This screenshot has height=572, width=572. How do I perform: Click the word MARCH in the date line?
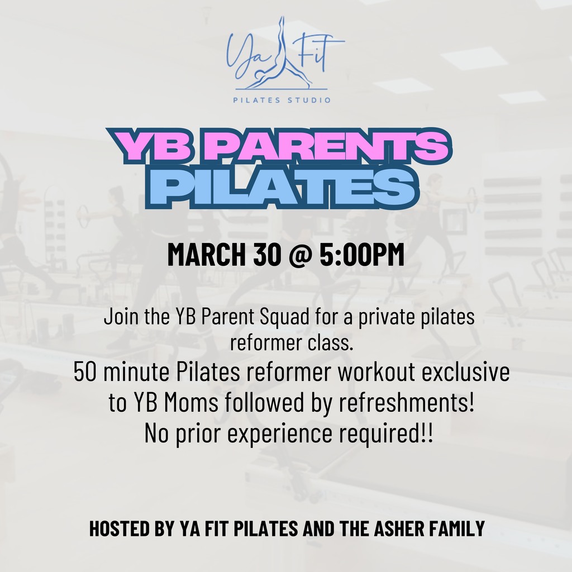(x=207, y=254)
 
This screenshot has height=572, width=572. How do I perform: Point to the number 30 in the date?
(x=266, y=254)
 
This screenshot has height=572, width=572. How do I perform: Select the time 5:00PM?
(x=362, y=254)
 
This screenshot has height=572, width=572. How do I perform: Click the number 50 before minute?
(x=85, y=373)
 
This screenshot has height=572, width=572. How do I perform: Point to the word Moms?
(x=191, y=402)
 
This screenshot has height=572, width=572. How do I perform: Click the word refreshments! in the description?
(x=407, y=402)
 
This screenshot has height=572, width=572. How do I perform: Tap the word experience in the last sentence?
(x=280, y=433)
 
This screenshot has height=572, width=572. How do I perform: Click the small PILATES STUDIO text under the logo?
(x=282, y=99)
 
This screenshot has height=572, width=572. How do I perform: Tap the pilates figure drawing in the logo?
(x=282, y=54)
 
